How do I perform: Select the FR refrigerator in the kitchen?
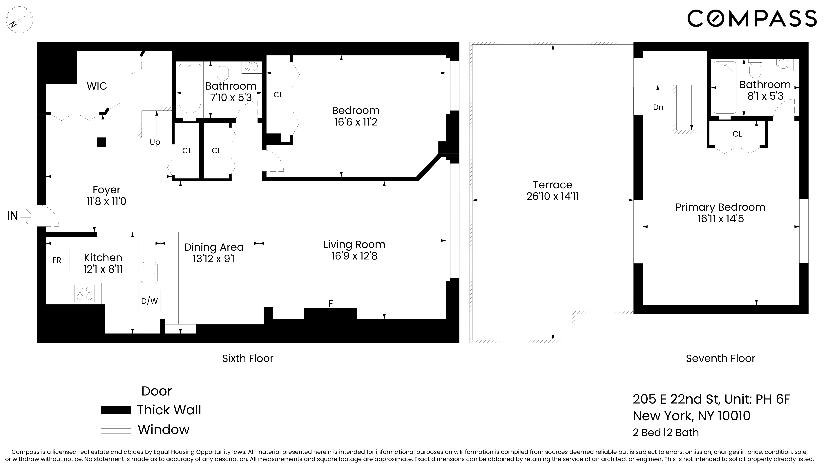(57, 260)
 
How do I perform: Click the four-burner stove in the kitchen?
(85, 293)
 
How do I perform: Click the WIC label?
(97, 86)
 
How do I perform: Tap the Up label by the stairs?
(155, 142)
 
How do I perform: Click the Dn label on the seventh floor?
(658, 107)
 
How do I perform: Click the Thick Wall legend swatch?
(116, 410)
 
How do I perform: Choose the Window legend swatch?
(116, 429)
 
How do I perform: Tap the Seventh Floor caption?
(720, 358)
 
